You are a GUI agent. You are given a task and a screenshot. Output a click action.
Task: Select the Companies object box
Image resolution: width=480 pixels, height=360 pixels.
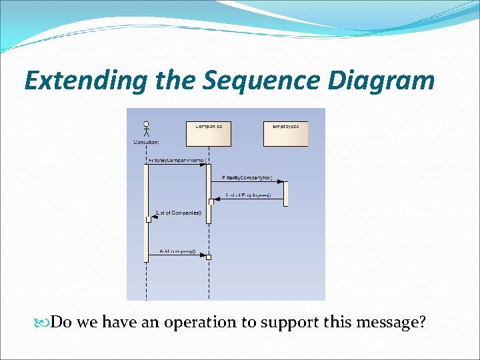pyautogui.click(x=209, y=133)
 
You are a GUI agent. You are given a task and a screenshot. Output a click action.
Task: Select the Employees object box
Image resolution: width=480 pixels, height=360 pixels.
pyautogui.click(x=286, y=133)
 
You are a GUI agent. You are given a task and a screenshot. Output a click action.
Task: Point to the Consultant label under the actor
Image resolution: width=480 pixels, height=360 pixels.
pyautogui.click(x=146, y=141)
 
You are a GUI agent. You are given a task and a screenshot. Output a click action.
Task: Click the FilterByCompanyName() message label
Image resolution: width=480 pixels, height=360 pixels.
pyautogui.click(x=177, y=161)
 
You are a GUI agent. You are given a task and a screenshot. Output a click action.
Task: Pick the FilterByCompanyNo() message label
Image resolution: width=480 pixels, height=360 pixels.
pyautogui.click(x=247, y=177)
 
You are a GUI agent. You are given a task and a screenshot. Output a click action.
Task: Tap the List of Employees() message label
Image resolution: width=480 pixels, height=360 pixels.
pyautogui.click(x=248, y=195)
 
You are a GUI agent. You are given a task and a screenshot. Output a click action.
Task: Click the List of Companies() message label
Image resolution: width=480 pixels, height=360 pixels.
pyautogui.click(x=178, y=213)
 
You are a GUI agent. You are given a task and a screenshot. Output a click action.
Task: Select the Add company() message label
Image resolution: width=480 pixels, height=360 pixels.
pyautogui.click(x=177, y=251)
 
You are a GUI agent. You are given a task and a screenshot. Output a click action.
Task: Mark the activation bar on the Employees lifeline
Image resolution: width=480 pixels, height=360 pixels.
pyautogui.click(x=285, y=193)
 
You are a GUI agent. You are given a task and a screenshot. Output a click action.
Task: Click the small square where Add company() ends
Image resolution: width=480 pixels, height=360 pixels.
pyautogui.click(x=209, y=257)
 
